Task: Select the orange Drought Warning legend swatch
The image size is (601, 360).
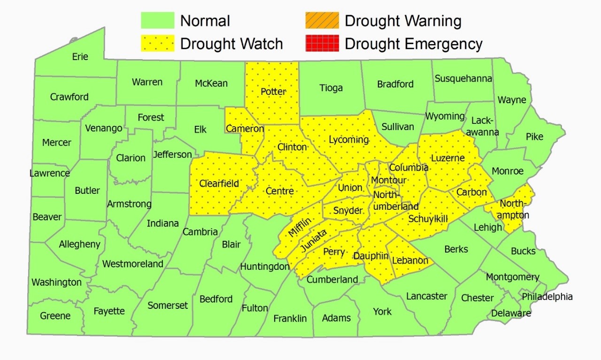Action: click(322, 21)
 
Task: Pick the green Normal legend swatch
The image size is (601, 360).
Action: click(157, 21)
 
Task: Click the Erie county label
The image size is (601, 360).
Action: click(80, 57)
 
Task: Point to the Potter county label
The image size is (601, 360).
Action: click(273, 92)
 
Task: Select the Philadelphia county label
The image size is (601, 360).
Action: click(547, 297)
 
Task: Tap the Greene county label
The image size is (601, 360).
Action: click(55, 316)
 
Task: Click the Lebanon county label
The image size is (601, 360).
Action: click(410, 260)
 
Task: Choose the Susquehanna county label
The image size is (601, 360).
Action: click(463, 78)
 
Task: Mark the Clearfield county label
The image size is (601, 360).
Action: click(219, 184)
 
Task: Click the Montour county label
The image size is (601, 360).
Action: click(389, 181)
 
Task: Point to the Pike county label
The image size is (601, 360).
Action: click(534, 137)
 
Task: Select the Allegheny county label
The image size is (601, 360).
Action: click(79, 244)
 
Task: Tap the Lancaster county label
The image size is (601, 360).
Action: click(427, 296)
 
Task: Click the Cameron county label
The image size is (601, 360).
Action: click(245, 129)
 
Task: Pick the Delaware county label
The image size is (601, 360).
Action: click(511, 313)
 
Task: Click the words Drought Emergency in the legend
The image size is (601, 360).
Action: click(413, 44)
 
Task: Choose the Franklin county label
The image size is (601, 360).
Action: click(290, 318)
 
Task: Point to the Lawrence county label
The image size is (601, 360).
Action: click(49, 173)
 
